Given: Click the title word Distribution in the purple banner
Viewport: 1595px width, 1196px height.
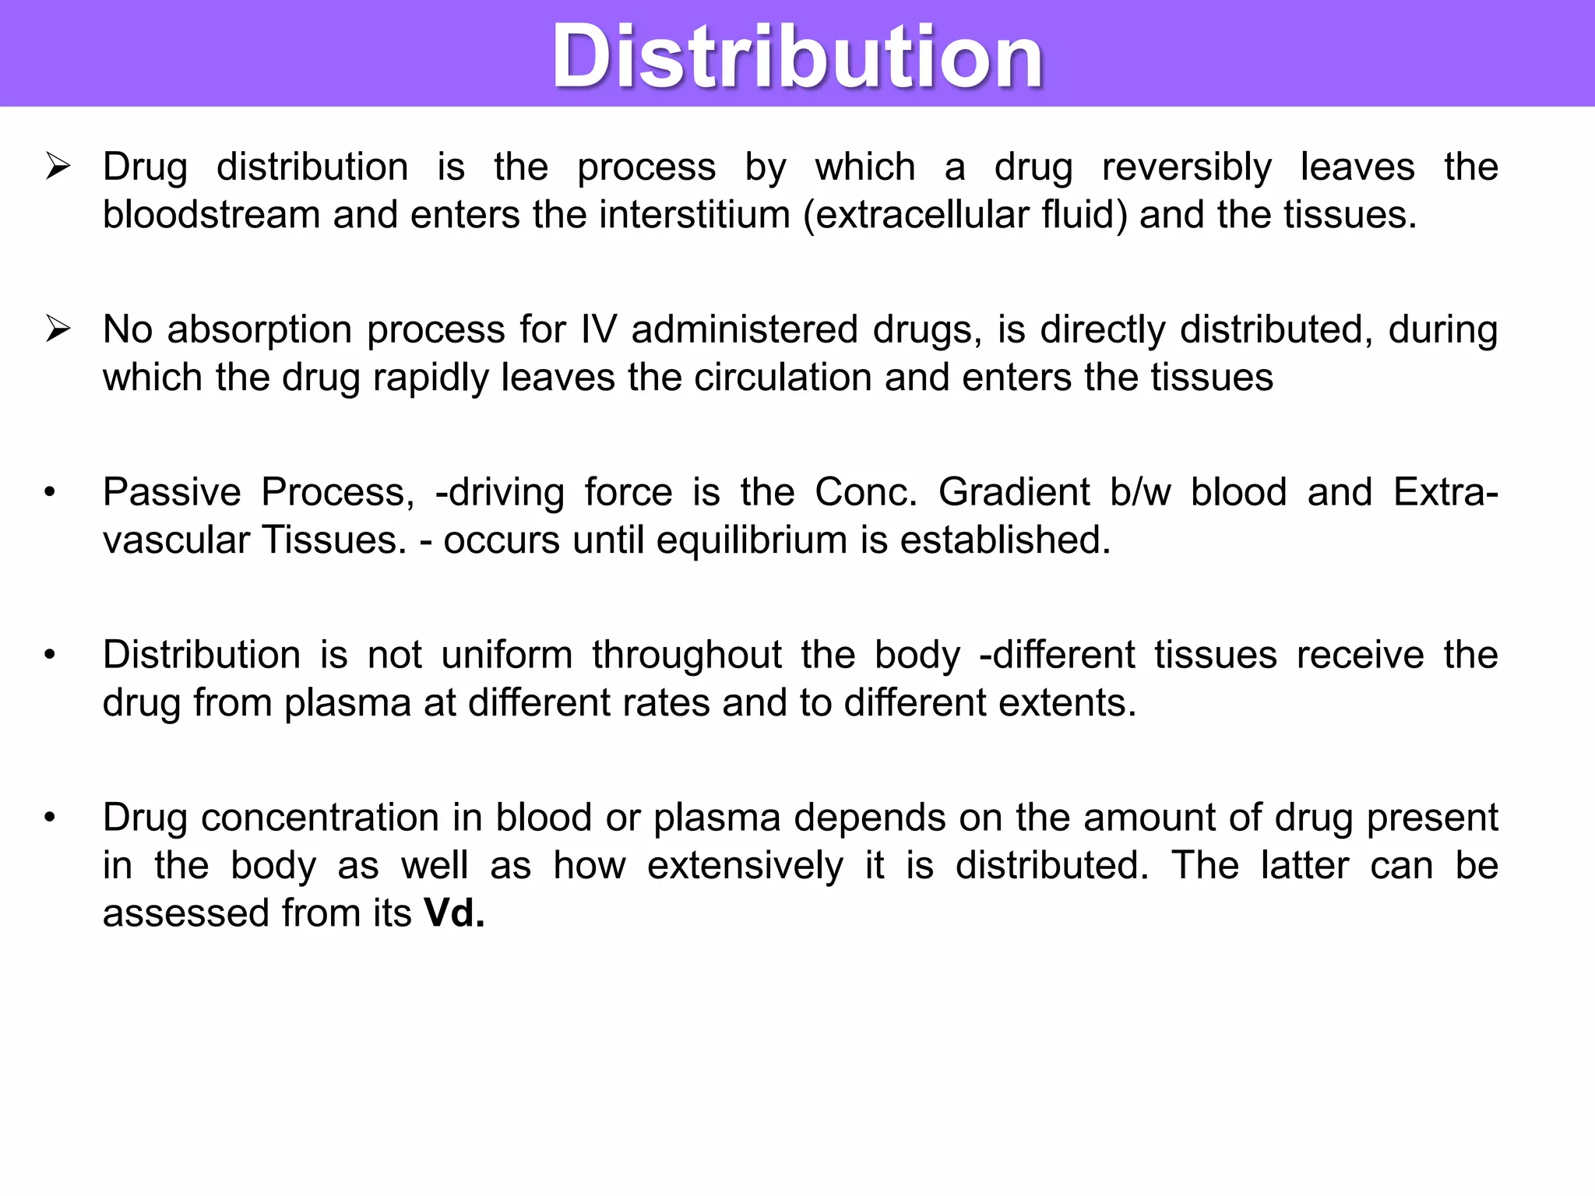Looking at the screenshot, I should point(797,56).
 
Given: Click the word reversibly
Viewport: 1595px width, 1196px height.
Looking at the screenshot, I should point(1187,167).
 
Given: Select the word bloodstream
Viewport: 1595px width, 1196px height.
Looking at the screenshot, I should point(211,215).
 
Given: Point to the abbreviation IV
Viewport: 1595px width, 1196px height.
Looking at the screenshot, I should point(598,329).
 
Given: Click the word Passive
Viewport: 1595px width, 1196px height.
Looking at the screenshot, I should point(172,492).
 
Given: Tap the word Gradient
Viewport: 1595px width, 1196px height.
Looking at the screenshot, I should point(1013,492).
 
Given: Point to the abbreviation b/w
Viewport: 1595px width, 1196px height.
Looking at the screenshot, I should point(1140,492).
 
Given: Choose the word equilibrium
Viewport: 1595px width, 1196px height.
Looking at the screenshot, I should point(752,540).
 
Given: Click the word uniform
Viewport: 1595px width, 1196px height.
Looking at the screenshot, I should point(506,655).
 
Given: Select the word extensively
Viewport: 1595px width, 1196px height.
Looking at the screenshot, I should point(745,866).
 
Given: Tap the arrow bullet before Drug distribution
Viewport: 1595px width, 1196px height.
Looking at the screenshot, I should point(58,167).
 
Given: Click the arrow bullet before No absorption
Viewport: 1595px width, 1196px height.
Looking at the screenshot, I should point(58,330).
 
